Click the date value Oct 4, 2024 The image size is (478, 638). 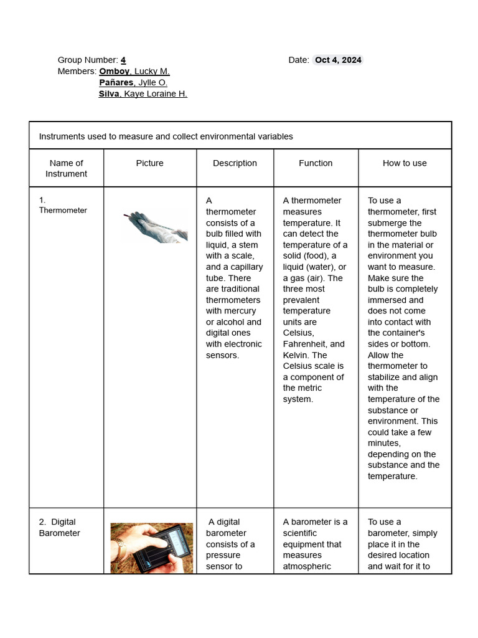point(337,60)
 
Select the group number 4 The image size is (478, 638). point(123,60)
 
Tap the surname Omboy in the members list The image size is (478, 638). point(115,71)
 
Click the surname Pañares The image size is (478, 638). point(116,82)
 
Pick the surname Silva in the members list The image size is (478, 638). point(109,93)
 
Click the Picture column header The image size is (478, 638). point(149,163)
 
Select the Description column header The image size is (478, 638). point(235,163)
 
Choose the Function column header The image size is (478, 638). point(316,163)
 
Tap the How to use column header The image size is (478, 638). point(405,163)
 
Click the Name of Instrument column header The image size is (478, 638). point(66,168)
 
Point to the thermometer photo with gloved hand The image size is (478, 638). point(155,226)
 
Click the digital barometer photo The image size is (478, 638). point(152,548)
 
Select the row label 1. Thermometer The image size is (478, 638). point(62,206)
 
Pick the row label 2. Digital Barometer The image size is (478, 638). point(59,527)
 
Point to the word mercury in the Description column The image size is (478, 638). point(240,311)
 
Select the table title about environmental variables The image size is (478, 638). point(166,136)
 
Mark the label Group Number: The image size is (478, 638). point(88,60)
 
